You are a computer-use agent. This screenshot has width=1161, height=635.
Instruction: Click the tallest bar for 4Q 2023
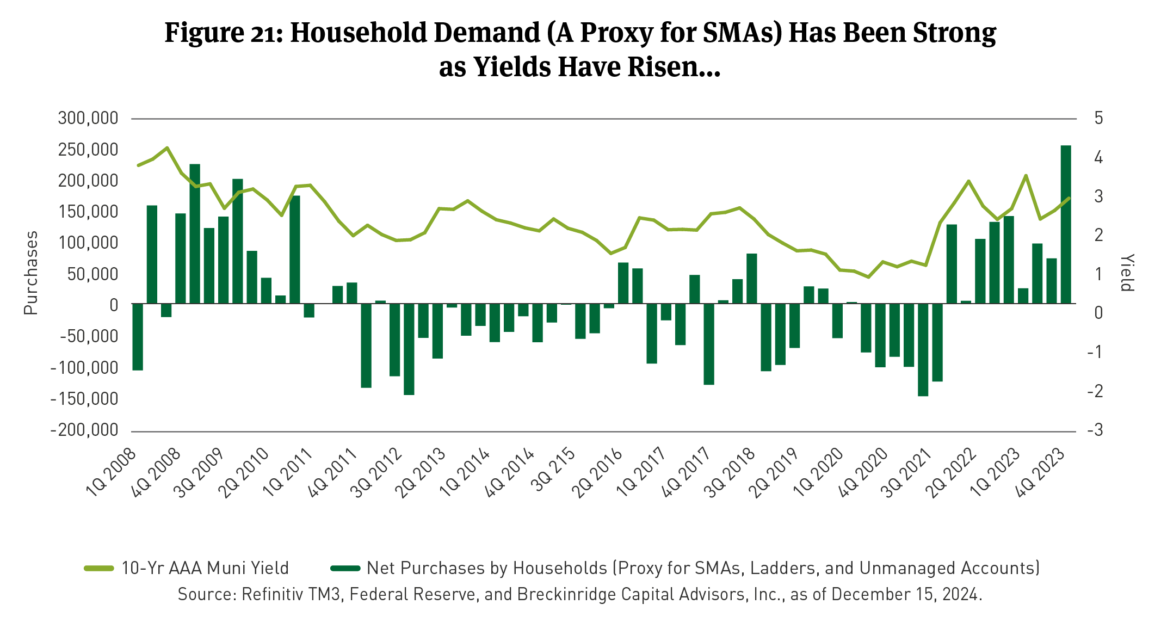click(x=1066, y=224)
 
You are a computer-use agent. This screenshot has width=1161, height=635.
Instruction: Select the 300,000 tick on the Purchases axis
click(x=88, y=118)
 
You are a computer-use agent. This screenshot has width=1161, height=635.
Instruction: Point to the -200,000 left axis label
click(x=84, y=430)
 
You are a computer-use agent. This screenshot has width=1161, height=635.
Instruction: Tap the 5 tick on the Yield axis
click(x=1098, y=118)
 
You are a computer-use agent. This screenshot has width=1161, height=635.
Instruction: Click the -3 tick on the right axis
click(x=1095, y=430)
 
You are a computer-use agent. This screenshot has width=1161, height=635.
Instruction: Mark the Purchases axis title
click(x=31, y=273)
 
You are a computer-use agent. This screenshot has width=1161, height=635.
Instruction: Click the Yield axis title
click(x=1127, y=273)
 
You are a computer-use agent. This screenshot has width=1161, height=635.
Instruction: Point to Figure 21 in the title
click(x=223, y=33)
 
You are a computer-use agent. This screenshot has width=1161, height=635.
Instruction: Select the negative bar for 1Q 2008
click(x=138, y=337)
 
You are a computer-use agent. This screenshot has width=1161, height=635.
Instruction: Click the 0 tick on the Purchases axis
click(x=113, y=305)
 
